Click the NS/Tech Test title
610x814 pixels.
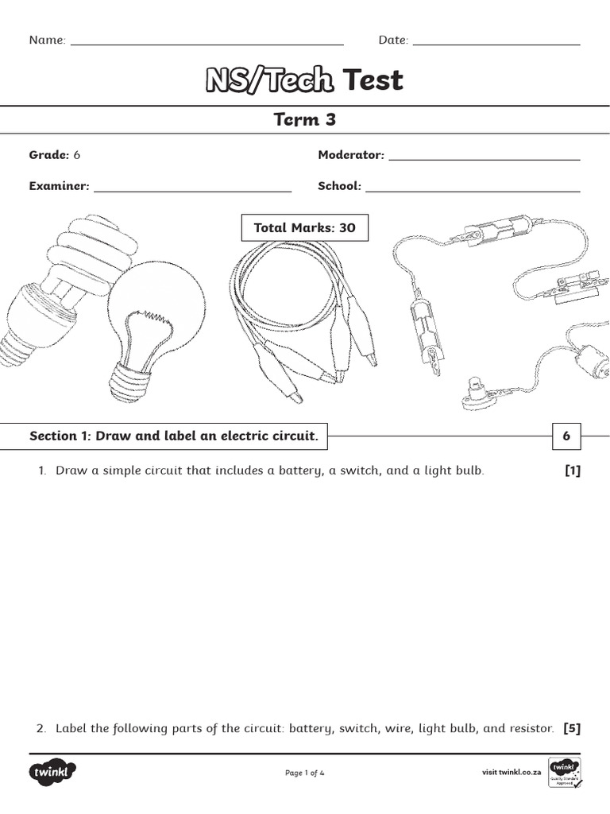coord(304,80)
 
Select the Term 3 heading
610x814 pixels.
coord(304,120)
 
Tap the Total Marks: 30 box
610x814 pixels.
coord(304,228)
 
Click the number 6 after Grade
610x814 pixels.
coord(77,155)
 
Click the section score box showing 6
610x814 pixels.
coord(566,436)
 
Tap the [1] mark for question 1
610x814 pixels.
coord(572,471)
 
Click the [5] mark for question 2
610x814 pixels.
coord(572,728)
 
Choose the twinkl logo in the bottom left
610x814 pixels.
coord(53,773)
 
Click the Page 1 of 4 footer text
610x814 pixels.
coord(304,773)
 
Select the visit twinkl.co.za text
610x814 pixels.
coord(512,773)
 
